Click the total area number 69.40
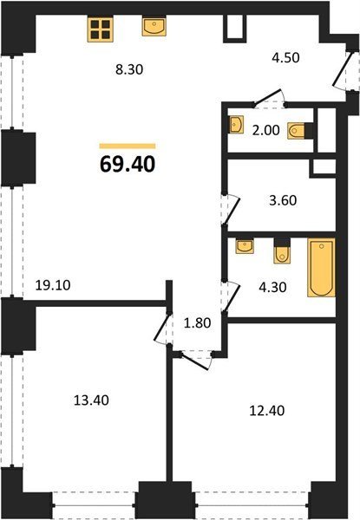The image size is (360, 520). pyautogui.click(x=128, y=164)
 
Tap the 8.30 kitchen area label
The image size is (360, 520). pyautogui.click(x=129, y=69)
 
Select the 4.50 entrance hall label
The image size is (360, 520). pyautogui.click(x=285, y=57)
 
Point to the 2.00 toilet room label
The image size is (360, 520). pyautogui.click(x=265, y=130)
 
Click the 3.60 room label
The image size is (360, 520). pyautogui.click(x=283, y=200)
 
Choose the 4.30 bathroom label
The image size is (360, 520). pyautogui.click(x=272, y=287)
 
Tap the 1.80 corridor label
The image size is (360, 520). pyautogui.click(x=197, y=322)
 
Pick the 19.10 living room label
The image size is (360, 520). pyautogui.click(x=53, y=285)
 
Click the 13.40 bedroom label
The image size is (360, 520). pyautogui.click(x=91, y=400)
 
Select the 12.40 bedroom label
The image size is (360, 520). pyautogui.click(x=267, y=411)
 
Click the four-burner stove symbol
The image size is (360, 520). pyautogui.click(x=101, y=29)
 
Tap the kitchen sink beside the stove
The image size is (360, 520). pyautogui.click(x=154, y=27)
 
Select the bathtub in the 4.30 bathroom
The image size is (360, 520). pyautogui.click(x=321, y=267)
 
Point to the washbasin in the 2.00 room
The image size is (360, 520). pyautogui.click(x=236, y=124)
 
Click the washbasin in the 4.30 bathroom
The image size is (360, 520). pyautogui.click(x=245, y=246)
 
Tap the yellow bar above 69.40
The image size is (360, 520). pyautogui.click(x=128, y=146)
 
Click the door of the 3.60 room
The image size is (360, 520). pyautogui.click(x=231, y=211)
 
